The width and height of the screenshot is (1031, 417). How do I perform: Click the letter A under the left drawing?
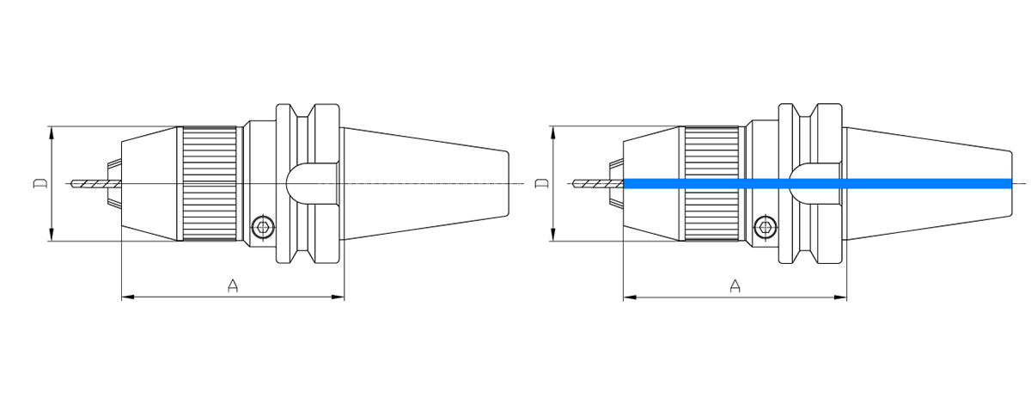[232, 285]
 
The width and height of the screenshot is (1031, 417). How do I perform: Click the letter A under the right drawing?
[735, 285]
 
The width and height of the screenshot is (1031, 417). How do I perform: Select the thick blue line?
[816, 183]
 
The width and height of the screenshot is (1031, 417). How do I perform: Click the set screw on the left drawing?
[263, 227]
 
